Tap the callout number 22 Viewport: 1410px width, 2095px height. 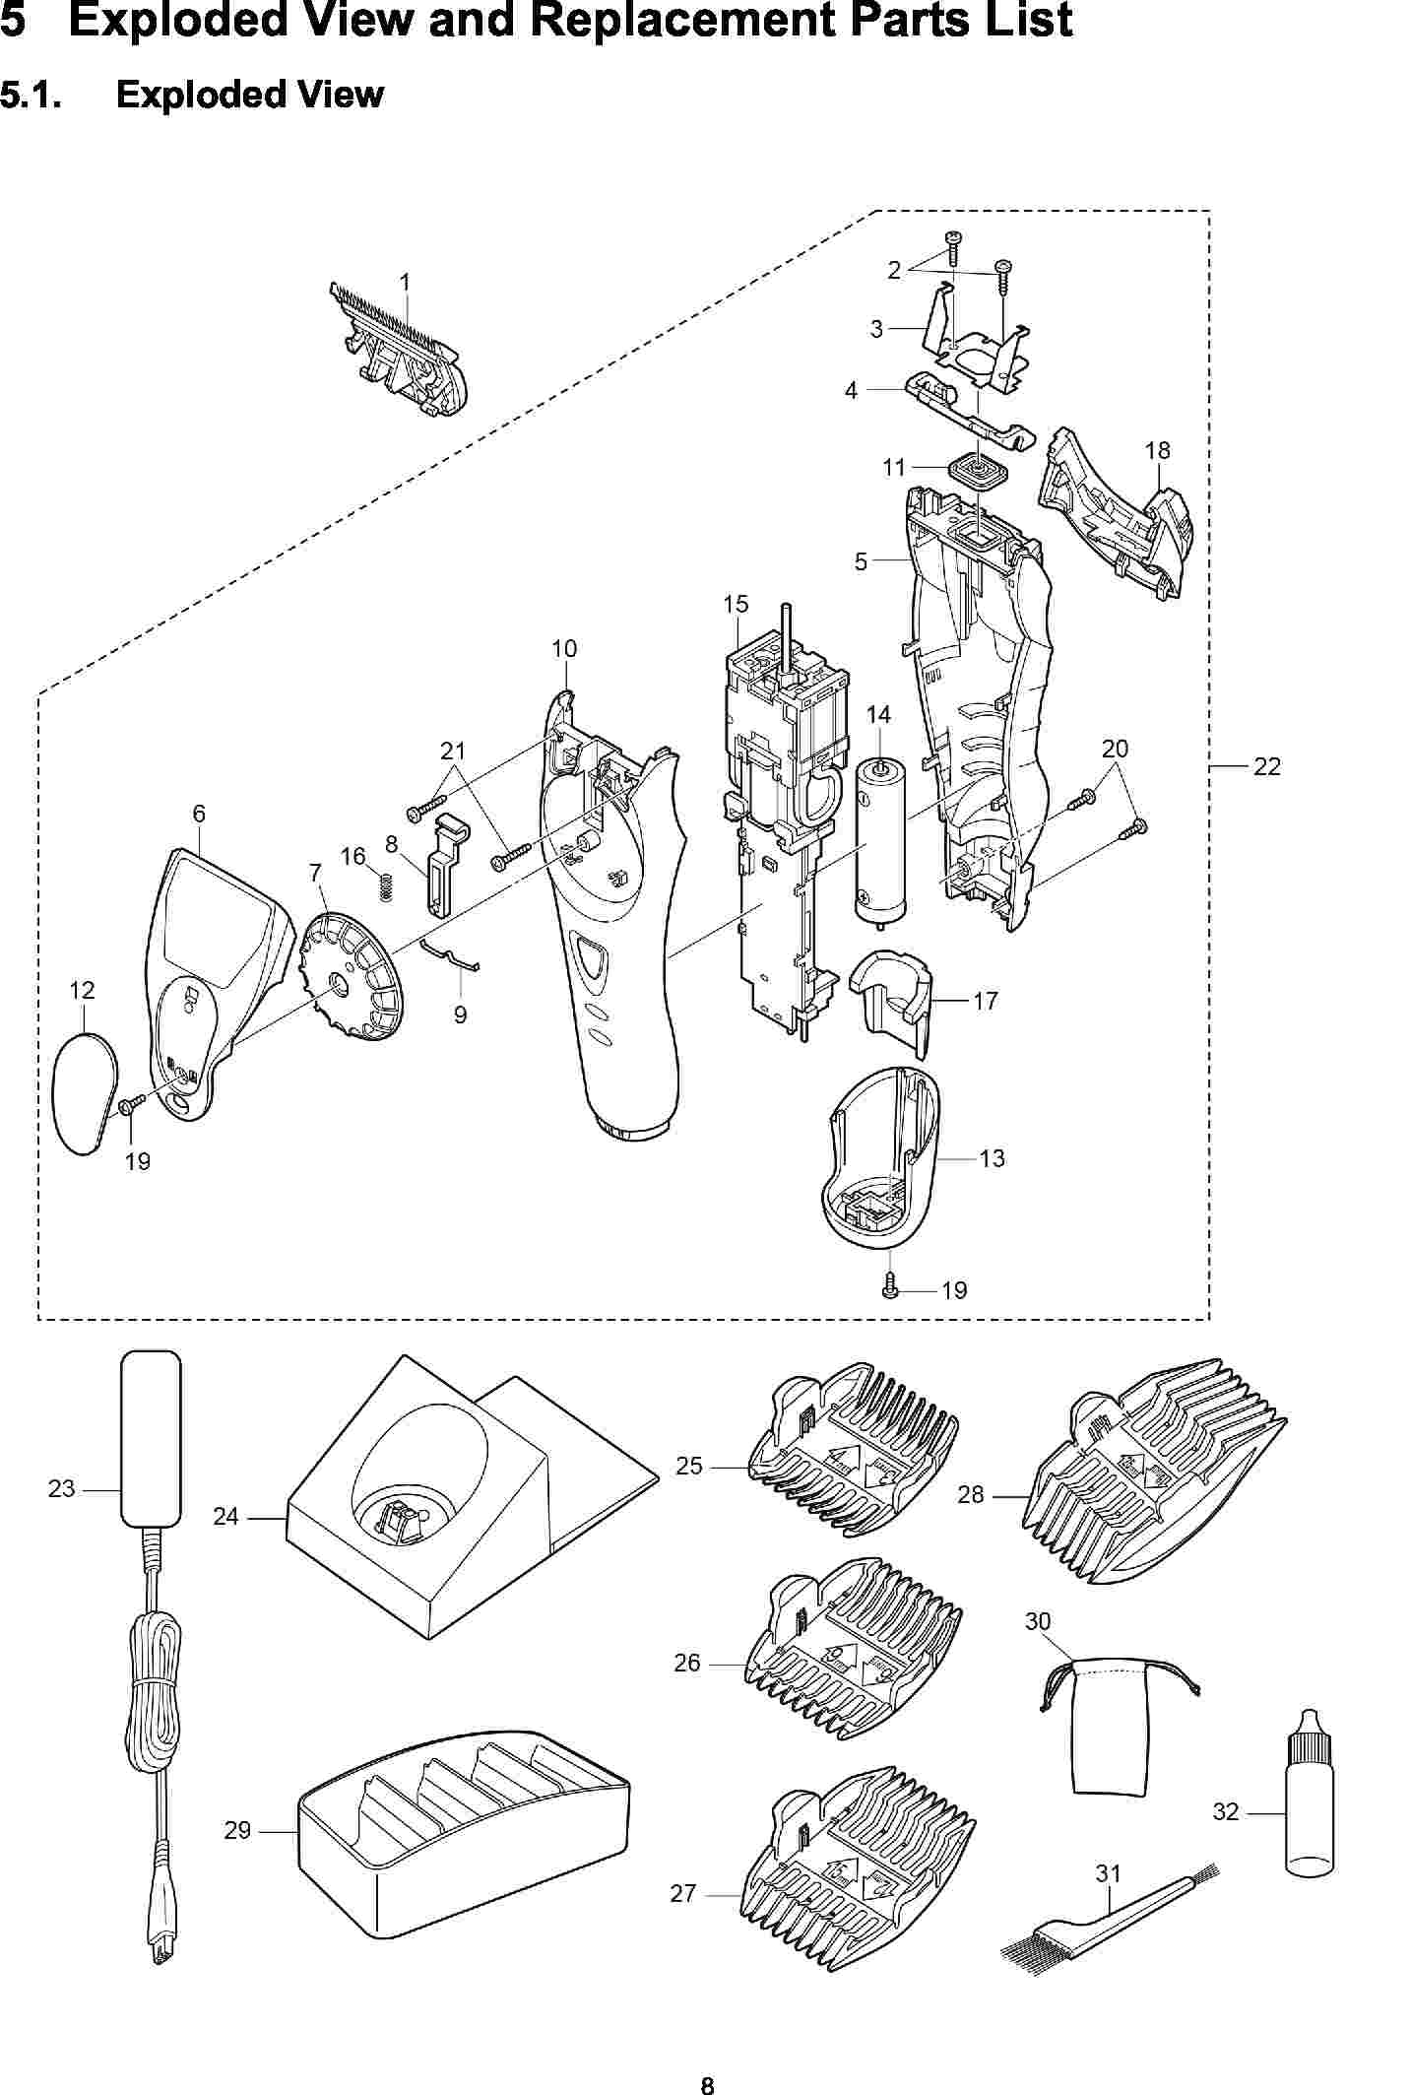pyautogui.click(x=1266, y=766)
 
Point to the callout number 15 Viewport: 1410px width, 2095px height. pyautogui.click(x=736, y=604)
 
